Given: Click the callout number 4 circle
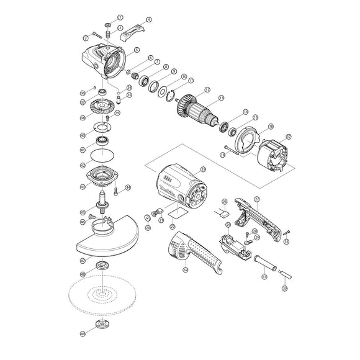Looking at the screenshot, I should pos(148,20).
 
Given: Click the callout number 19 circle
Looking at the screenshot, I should pos(203,169).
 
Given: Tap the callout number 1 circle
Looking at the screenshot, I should pos(120,17).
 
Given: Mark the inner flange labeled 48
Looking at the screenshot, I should pos(99,267).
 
